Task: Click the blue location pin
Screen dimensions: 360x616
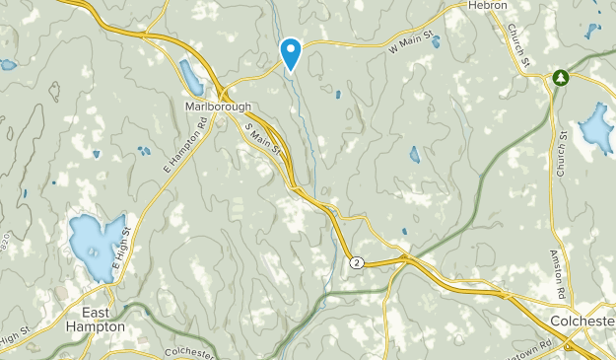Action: click(291, 51)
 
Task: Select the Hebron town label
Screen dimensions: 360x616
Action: click(489, 6)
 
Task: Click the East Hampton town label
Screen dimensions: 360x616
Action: click(97, 319)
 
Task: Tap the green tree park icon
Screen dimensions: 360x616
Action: click(561, 76)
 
